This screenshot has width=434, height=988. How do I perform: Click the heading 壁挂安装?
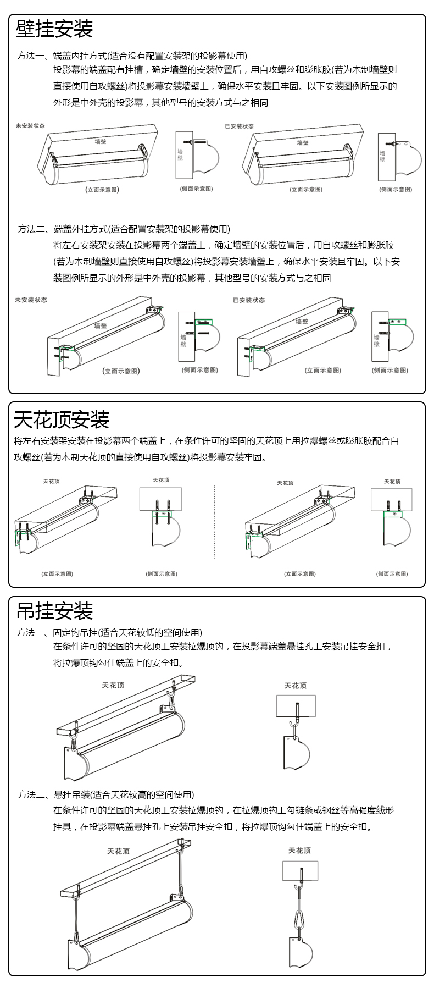54,29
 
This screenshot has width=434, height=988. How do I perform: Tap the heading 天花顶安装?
62,420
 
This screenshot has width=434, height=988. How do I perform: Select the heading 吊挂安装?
54,610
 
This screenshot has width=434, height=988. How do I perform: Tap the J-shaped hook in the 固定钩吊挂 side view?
293,727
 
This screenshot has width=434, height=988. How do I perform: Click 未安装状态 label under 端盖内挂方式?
30,125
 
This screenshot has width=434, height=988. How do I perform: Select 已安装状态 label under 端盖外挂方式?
248,300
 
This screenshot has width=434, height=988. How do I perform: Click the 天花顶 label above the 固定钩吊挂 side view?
295,686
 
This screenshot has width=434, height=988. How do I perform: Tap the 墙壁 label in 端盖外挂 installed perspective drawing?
302,321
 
